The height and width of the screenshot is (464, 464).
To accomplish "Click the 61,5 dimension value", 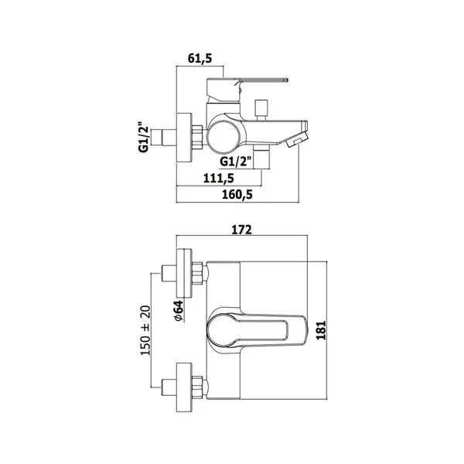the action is pyautogui.click(x=200, y=59).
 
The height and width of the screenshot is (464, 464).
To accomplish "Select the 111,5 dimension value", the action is pyautogui.click(x=219, y=178).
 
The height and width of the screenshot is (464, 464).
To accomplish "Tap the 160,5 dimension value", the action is pyautogui.click(x=237, y=194).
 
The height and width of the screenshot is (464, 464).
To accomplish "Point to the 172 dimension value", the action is pyautogui.click(x=241, y=230).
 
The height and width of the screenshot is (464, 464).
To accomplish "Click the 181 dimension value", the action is pyautogui.click(x=321, y=330).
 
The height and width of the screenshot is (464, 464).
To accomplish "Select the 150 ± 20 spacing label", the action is pyautogui.click(x=145, y=330).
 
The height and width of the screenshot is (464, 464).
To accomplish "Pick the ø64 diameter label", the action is pyautogui.click(x=179, y=311).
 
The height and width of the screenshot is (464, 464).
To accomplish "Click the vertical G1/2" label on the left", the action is pyautogui.click(x=143, y=137).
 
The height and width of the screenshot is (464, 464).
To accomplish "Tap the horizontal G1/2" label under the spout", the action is pyautogui.click(x=236, y=162).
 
